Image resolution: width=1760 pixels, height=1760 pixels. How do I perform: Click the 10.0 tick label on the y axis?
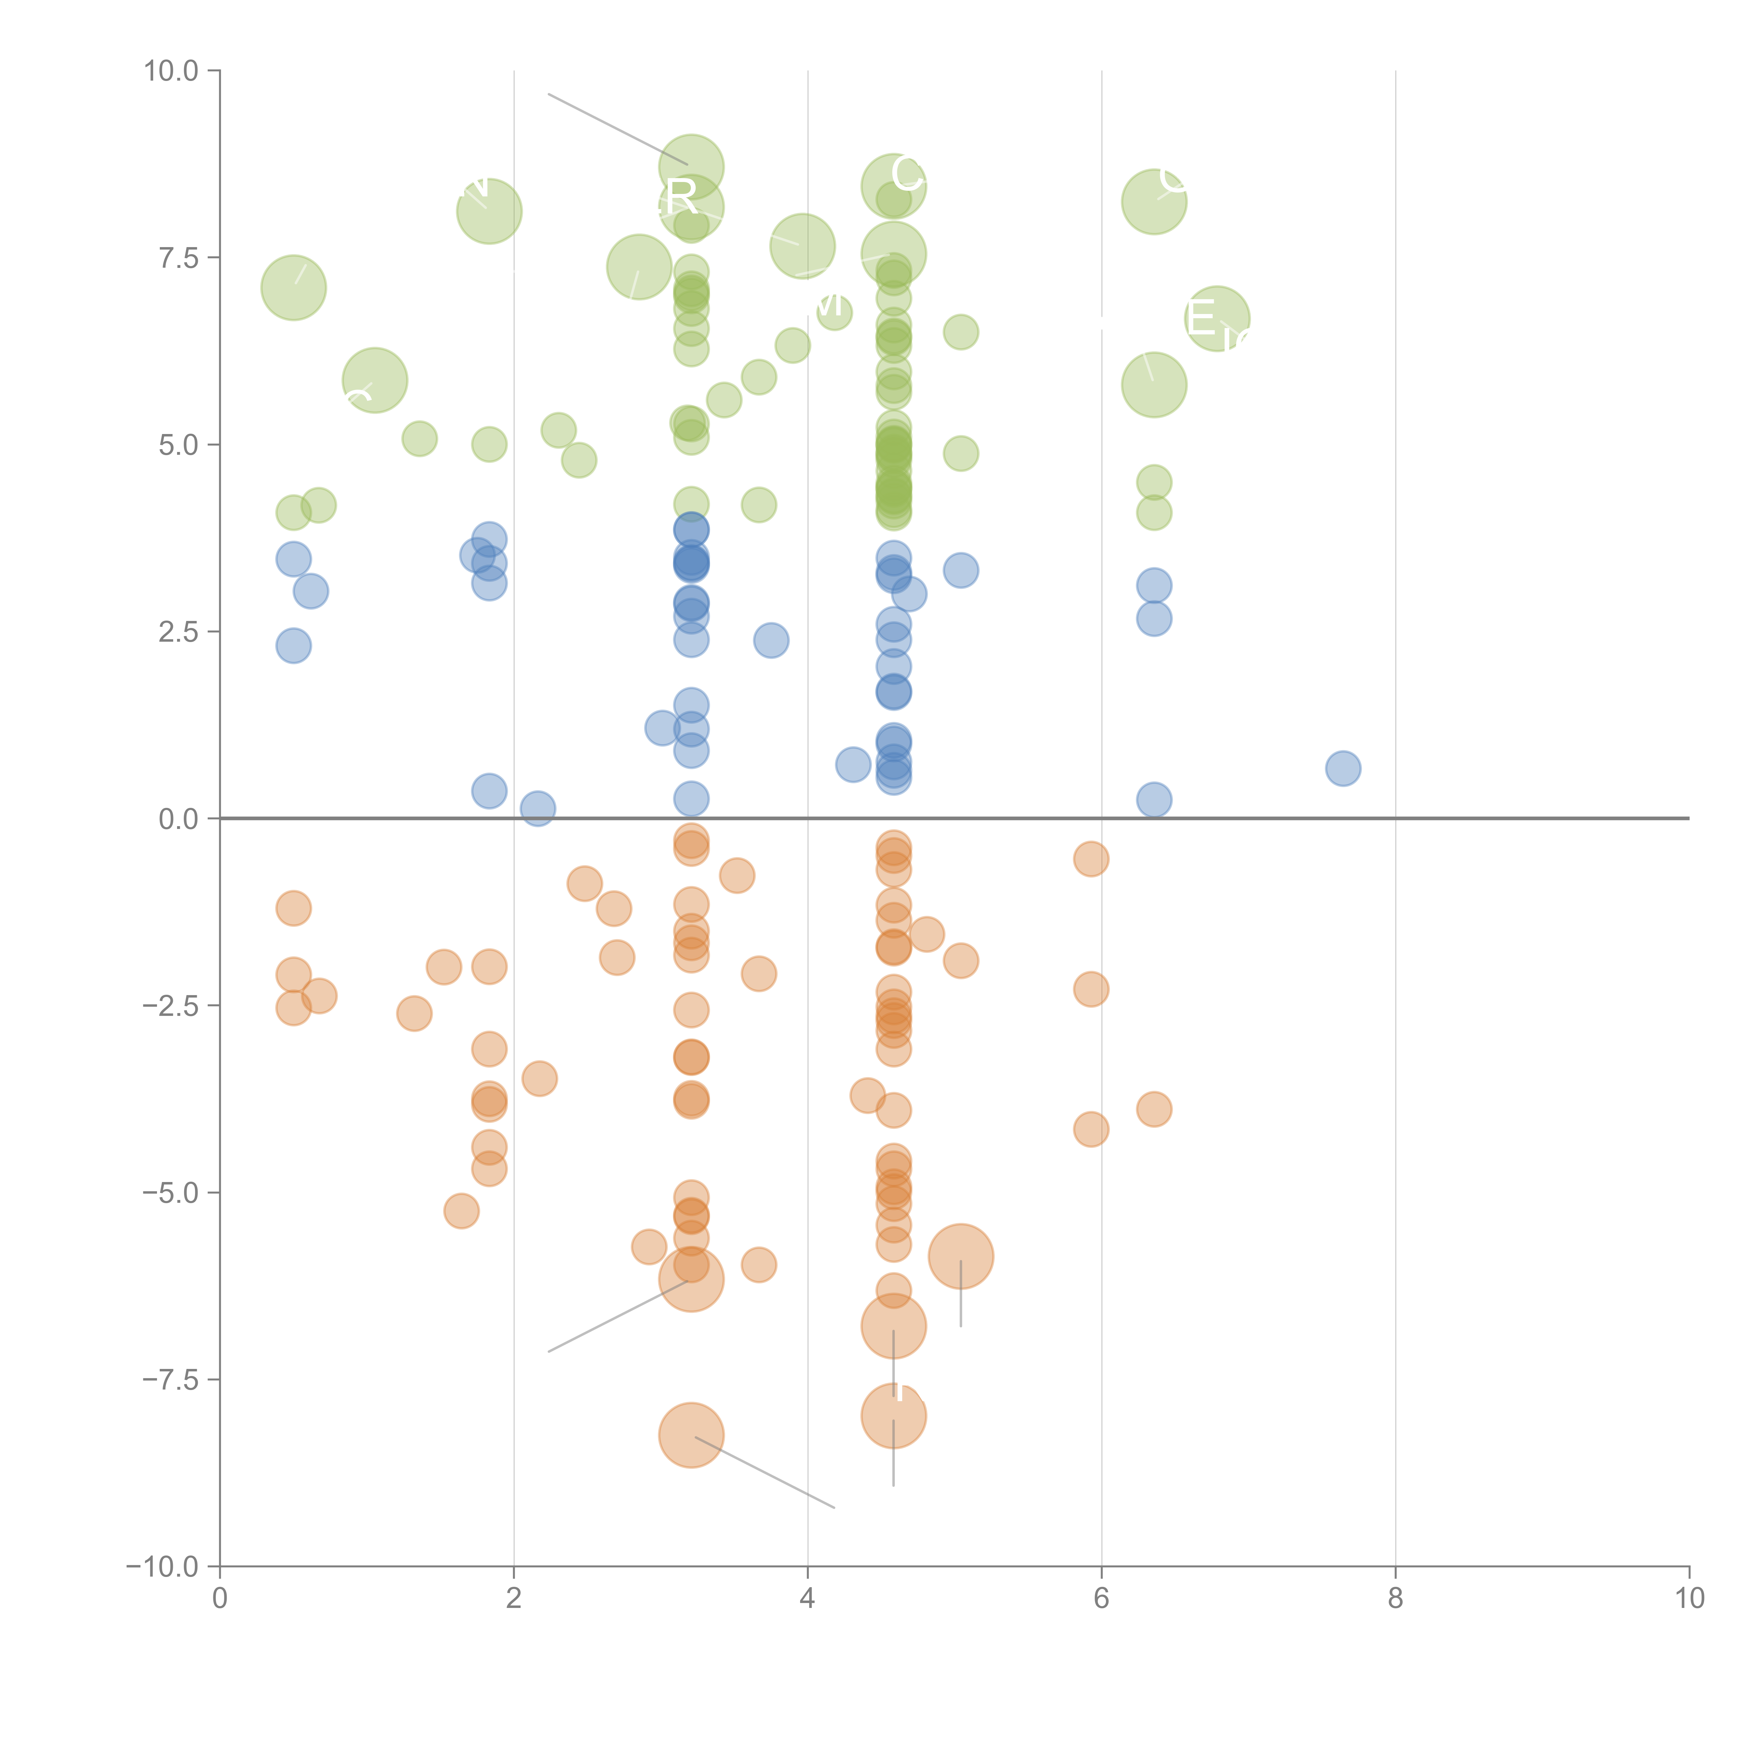171,71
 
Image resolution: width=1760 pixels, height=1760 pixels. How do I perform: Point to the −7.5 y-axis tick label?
171,1379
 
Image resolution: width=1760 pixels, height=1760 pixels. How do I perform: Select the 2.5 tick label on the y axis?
178,631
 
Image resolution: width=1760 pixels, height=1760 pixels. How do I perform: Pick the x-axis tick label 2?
514,1598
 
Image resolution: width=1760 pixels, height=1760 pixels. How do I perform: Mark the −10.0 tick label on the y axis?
164,1567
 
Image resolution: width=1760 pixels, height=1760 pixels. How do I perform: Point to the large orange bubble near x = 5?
960,1256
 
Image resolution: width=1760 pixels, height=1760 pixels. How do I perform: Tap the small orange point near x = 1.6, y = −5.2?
462,1211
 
